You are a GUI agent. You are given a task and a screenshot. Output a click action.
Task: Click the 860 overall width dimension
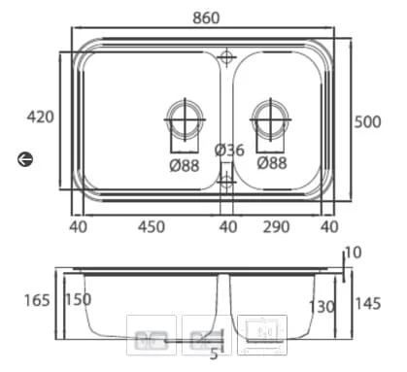click(x=206, y=17)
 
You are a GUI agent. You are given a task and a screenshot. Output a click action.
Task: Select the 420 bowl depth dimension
click(x=40, y=117)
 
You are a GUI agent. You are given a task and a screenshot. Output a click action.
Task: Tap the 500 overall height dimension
click(x=367, y=122)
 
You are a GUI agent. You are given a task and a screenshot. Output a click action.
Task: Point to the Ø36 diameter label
click(x=229, y=150)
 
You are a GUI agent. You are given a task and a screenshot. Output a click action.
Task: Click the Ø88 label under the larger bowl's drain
click(x=185, y=166)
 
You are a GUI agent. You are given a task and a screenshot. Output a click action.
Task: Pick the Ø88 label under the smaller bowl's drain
click(x=272, y=163)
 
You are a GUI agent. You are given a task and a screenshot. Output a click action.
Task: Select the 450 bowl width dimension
click(x=152, y=227)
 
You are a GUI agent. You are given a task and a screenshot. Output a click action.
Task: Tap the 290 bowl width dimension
click(x=276, y=227)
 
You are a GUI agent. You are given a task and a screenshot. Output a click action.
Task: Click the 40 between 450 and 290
click(x=228, y=227)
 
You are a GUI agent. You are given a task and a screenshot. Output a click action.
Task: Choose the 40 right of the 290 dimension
click(x=329, y=227)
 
